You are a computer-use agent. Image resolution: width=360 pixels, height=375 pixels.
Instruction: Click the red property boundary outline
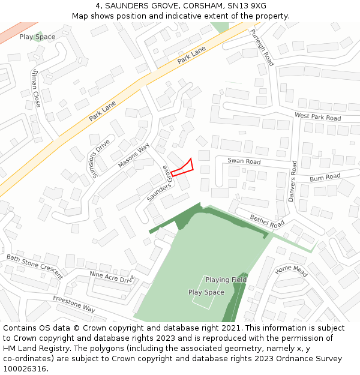[182, 168]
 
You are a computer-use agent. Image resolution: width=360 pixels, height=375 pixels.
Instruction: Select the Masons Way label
[134, 155]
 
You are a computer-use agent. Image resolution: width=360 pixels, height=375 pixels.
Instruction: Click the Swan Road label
[244, 161]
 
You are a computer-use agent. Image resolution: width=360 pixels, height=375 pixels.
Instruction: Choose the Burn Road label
[325, 178]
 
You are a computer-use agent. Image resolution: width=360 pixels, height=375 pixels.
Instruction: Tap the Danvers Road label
[292, 181]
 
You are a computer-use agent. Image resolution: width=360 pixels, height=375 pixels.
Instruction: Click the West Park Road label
[317, 116]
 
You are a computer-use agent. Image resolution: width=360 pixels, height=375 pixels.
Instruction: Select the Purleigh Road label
[262, 48]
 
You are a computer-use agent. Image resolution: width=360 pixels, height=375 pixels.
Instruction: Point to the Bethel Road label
[267, 221]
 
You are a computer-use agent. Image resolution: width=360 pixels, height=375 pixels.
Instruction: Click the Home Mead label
[291, 271]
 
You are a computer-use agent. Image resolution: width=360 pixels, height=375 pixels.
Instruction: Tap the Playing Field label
[226, 280]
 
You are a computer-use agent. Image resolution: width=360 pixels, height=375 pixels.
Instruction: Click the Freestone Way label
[74, 304]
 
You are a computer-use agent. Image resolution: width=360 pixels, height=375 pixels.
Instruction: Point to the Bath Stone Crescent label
[34, 266]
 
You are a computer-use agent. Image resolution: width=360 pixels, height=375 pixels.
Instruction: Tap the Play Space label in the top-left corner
[37, 37]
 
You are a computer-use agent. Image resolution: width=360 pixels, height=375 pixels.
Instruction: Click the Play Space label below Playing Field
[206, 292]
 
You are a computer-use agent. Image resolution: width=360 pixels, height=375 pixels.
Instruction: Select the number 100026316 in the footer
[25, 368]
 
